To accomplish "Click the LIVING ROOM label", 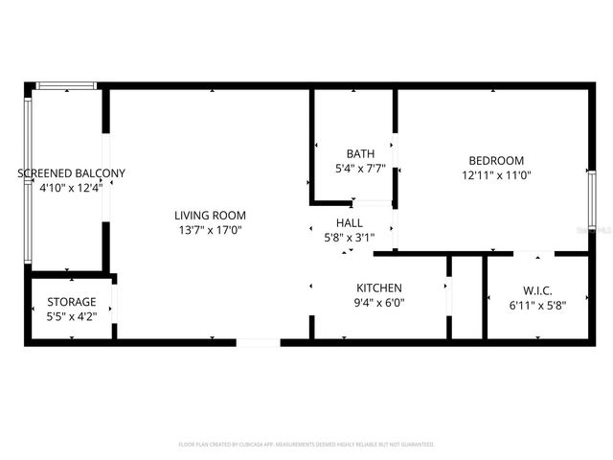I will [x=210, y=215].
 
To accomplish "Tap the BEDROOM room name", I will [x=496, y=160].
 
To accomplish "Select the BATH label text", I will [x=360, y=153].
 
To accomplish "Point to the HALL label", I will [x=349, y=221].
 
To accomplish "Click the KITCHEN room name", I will [x=379, y=287].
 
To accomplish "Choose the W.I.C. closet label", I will [x=537, y=290].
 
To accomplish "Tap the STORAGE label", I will [x=72, y=302].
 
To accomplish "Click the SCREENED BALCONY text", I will [x=72, y=173].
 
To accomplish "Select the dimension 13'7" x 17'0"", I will [x=210, y=230].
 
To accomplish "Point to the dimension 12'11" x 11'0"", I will [x=496, y=175].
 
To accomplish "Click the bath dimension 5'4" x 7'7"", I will [x=360, y=169].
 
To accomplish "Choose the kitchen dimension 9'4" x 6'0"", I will [x=379, y=303].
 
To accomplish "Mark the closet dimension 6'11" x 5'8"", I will [x=537, y=306].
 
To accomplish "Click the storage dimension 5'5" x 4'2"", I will [x=72, y=317].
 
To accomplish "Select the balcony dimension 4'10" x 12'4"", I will [x=72, y=189].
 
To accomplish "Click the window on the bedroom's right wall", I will [x=591, y=199].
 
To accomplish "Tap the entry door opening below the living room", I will [x=258, y=340].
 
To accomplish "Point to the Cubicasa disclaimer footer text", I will [x=306, y=445].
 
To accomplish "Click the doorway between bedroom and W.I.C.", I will [x=533, y=254].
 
